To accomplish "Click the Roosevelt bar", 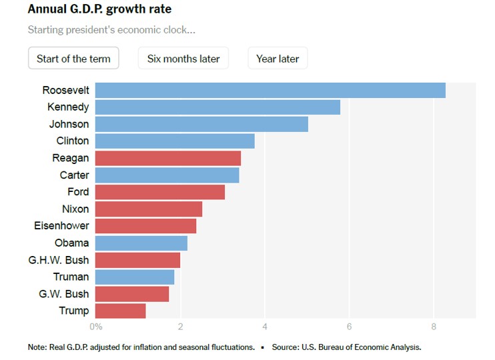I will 270,90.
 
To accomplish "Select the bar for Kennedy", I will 217,107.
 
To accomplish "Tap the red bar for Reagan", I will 168,158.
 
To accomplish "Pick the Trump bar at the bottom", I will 120,311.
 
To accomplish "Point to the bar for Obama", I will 141,243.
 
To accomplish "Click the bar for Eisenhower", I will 145,226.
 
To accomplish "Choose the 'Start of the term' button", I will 73,59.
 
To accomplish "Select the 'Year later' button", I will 278,59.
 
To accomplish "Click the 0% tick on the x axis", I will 96,327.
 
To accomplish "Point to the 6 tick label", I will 349,327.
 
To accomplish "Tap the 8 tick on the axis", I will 434,327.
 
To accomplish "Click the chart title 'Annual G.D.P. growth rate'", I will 99,10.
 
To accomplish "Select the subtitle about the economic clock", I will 111,30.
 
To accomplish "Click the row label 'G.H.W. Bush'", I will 59,260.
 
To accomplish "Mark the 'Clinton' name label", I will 73,141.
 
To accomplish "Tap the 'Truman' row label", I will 71,277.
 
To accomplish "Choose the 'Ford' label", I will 78,192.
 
